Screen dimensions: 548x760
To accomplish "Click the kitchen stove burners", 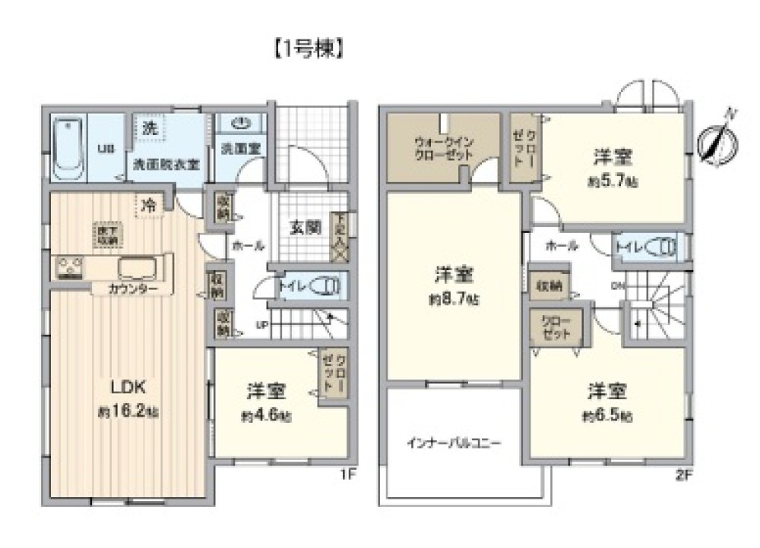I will point(69,267).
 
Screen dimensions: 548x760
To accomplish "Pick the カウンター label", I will point(133,289).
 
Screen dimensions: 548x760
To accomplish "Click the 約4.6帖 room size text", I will point(267,416).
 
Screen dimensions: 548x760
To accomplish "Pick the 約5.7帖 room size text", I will point(613,182).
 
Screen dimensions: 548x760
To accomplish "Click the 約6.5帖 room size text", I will point(607,416).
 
